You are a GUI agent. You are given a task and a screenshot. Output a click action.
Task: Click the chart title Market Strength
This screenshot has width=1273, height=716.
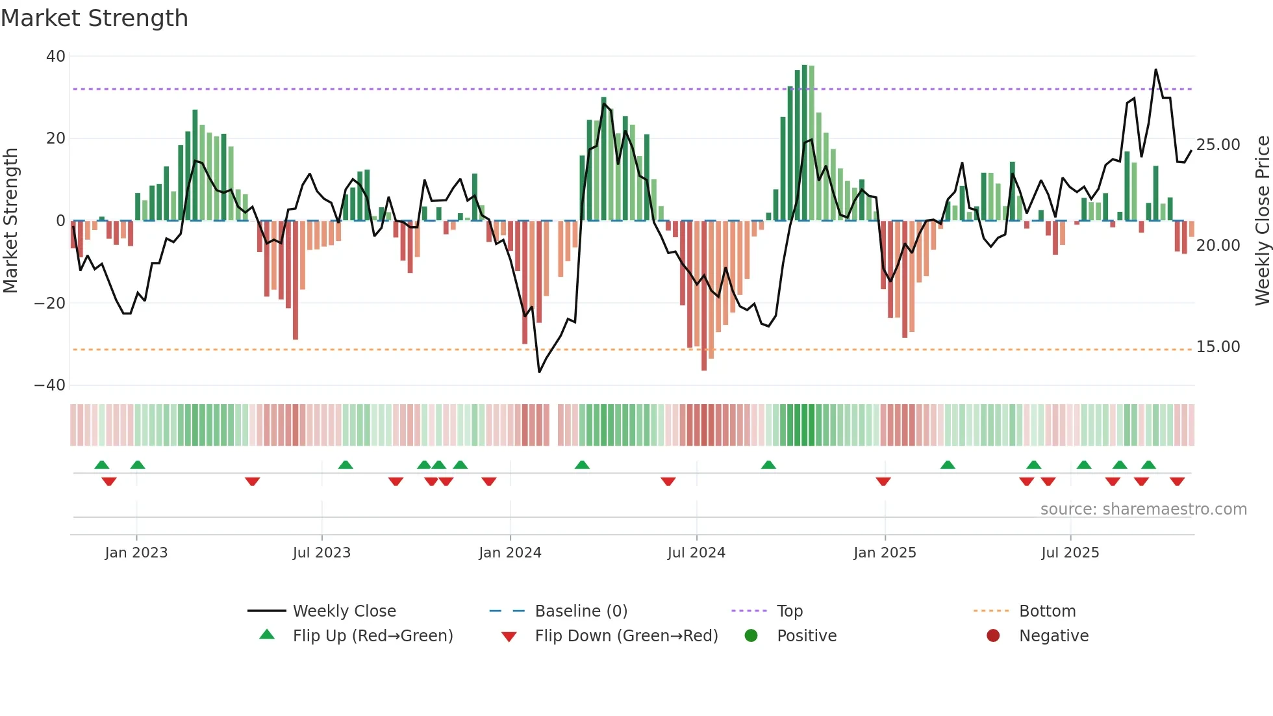click(94, 18)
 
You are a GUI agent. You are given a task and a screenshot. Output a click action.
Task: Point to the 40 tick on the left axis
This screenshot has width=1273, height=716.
click(55, 57)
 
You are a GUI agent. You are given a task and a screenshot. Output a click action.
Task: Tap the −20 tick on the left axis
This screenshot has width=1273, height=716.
click(50, 303)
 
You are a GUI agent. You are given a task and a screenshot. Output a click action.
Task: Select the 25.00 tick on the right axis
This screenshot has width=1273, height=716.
click(1218, 144)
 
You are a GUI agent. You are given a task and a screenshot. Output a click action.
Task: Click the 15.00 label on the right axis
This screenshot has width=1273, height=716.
click(1218, 346)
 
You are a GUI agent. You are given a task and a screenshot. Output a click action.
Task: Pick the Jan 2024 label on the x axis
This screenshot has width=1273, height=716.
click(510, 552)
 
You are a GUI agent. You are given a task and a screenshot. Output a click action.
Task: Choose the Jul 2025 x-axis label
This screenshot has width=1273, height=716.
click(1070, 552)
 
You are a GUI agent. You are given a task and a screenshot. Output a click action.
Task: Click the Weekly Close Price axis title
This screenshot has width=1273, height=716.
click(1262, 221)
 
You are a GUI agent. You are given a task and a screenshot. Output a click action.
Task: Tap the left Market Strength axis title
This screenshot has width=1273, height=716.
click(10, 221)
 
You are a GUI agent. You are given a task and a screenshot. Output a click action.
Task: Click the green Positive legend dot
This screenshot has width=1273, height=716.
click(751, 635)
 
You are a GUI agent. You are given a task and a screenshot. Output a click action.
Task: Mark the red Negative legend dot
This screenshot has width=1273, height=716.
click(992, 635)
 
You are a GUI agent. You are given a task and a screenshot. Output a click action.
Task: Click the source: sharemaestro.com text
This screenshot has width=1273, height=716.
click(1143, 509)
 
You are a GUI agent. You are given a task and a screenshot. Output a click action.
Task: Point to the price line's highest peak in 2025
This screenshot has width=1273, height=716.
click(1155, 70)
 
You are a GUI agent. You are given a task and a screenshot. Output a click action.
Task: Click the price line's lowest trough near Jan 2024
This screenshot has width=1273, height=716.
click(539, 372)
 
